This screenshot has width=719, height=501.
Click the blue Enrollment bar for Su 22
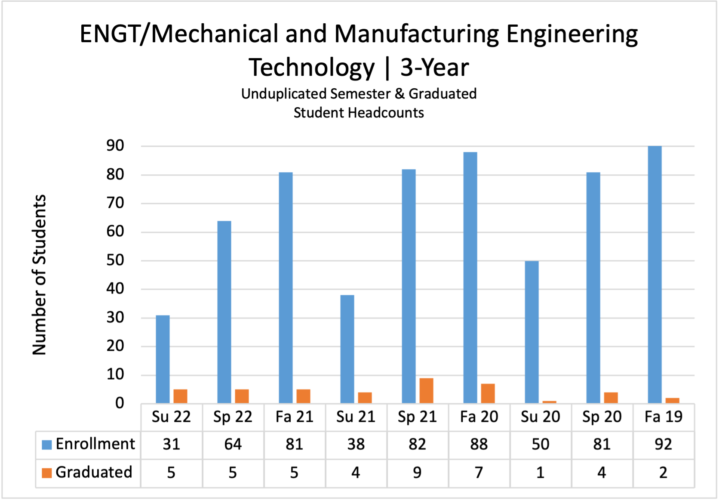(x=163, y=359)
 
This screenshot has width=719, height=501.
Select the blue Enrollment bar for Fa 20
(x=470, y=278)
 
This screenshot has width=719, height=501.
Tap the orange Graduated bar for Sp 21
(x=426, y=391)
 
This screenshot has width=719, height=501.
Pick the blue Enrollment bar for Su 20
(x=532, y=332)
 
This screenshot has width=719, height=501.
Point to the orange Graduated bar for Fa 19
(x=672, y=401)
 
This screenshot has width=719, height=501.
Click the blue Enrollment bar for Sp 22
(x=224, y=312)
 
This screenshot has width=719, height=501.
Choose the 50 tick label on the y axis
(x=115, y=260)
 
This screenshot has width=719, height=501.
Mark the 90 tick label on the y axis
(x=115, y=146)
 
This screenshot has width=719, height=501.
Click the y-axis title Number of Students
(x=40, y=275)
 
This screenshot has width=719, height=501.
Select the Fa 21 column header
(x=294, y=417)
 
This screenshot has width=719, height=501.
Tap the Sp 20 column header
(x=602, y=417)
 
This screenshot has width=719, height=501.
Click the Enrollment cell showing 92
(x=663, y=444)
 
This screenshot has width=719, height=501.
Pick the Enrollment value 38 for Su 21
(x=356, y=444)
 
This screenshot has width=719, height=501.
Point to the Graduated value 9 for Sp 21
(x=417, y=473)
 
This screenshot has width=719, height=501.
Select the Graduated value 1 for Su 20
(x=540, y=473)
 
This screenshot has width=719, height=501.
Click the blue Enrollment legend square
(x=47, y=445)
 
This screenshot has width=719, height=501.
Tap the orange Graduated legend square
(x=47, y=473)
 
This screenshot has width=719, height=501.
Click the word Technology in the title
(x=312, y=68)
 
